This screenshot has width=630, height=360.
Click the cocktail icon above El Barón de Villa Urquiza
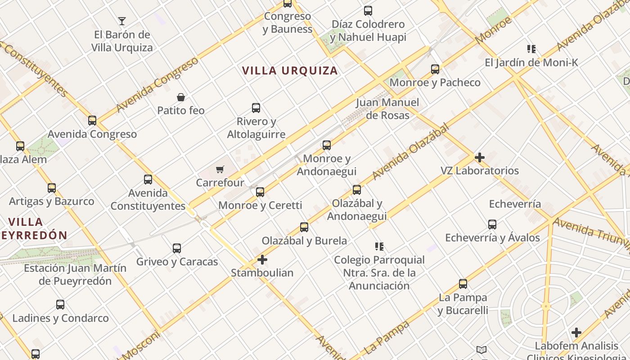121,21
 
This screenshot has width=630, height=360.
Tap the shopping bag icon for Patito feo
181,97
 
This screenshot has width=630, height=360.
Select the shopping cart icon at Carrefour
220,170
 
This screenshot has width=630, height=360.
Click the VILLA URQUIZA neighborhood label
290,71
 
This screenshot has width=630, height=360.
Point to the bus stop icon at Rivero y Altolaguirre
256,108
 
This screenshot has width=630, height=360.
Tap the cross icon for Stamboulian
262,260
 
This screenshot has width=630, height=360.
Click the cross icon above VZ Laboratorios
480,157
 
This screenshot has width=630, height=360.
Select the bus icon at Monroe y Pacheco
435,69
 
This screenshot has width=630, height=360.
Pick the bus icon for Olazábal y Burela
304,227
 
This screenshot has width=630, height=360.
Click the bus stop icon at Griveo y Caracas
177,248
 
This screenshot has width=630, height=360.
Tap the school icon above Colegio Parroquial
379,247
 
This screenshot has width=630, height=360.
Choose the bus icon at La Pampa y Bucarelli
463,284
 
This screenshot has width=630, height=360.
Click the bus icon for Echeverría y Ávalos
492,225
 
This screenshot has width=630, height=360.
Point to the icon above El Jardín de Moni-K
531,49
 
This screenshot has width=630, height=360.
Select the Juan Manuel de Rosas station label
387,109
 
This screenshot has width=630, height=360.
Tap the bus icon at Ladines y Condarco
60,305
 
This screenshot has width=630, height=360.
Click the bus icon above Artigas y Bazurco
52,188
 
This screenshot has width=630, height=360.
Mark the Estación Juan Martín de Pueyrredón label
75,274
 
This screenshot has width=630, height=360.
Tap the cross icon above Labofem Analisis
576,333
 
